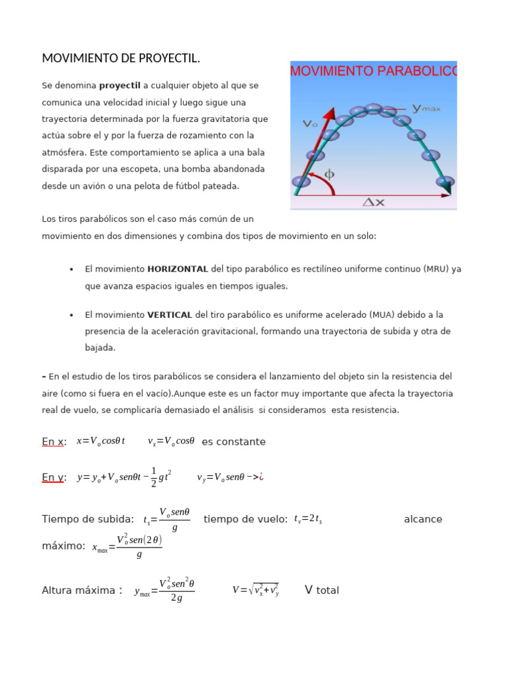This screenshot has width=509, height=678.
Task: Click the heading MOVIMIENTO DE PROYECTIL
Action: [121, 59]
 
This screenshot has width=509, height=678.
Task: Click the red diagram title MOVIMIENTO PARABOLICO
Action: [373, 71]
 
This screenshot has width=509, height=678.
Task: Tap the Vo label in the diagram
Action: [310, 123]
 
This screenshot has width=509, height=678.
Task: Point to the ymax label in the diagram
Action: [427, 108]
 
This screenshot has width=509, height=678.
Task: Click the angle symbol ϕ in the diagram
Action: [329, 175]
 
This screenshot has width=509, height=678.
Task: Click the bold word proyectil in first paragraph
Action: [120, 85]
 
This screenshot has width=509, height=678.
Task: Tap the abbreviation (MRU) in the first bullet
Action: [431, 269]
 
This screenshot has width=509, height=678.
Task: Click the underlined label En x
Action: [54, 442]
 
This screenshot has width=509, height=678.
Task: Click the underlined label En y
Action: [54, 477]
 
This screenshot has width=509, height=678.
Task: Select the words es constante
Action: [233, 442]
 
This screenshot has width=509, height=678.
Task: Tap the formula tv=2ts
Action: [308, 519]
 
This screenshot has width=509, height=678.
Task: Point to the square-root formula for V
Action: [256, 589]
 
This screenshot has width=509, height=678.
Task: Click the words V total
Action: [322, 589]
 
